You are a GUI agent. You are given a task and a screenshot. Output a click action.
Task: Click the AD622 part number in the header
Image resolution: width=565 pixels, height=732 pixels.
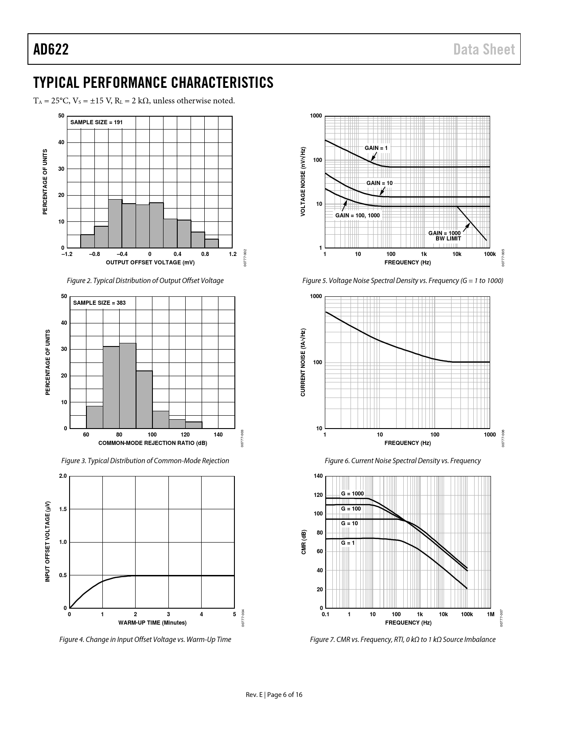(x=51, y=49)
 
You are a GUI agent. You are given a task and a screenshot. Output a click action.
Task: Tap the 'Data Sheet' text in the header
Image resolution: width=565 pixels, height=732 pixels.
(x=484, y=49)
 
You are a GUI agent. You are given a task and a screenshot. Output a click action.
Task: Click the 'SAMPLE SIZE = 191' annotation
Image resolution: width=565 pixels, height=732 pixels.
(x=96, y=122)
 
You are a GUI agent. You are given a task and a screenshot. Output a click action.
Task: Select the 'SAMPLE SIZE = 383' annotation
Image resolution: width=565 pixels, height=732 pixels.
(x=99, y=303)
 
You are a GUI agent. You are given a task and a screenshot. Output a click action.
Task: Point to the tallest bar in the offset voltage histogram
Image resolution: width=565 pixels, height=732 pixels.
(x=115, y=224)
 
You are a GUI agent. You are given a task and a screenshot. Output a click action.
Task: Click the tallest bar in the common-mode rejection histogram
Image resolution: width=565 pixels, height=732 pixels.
(x=128, y=386)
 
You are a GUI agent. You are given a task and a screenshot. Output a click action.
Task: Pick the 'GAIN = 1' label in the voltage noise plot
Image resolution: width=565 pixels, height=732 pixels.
(x=376, y=148)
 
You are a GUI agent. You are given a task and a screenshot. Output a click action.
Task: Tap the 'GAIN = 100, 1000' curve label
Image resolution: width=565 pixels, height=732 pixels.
(x=357, y=215)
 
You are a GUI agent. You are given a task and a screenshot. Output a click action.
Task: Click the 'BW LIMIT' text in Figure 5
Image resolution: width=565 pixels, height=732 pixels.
(x=448, y=239)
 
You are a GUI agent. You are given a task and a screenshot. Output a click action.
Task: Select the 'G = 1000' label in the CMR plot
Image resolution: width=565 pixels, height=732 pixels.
(x=352, y=494)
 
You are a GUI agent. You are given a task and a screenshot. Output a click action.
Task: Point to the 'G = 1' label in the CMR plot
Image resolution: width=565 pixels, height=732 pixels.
(x=348, y=543)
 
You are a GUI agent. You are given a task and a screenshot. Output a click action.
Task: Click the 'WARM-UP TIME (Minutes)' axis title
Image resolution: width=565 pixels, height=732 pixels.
(x=152, y=623)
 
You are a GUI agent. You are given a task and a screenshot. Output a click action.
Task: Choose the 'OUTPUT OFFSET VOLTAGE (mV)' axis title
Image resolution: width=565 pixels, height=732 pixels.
(x=150, y=263)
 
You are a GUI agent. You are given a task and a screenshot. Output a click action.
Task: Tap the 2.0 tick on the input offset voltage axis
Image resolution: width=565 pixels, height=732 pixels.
(x=62, y=476)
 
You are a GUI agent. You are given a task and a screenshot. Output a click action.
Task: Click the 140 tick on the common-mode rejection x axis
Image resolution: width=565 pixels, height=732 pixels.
(x=218, y=435)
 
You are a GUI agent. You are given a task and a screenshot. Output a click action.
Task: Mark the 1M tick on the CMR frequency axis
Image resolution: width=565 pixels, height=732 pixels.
(x=490, y=614)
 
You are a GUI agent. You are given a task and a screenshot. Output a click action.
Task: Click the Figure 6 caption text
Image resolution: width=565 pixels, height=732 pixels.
(x=402, y=461)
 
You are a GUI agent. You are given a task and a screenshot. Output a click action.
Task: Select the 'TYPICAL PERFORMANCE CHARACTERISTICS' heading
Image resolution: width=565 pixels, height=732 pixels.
(x=153, y=83)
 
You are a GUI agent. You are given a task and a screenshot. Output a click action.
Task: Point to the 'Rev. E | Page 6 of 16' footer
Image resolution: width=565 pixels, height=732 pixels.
(x=274, y=695)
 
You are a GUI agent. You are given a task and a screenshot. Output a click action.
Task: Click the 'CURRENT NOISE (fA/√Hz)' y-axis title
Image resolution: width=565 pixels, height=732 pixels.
(x=303, y=362)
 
